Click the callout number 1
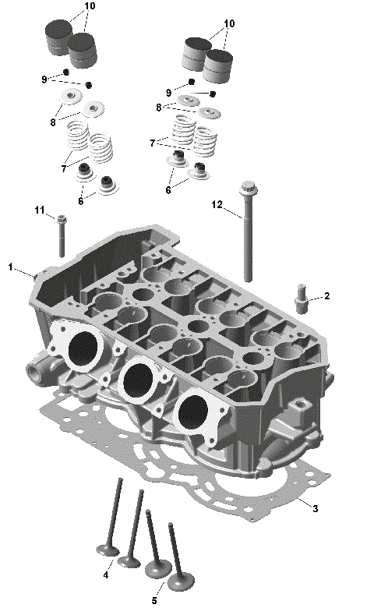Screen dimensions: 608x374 pos(11,267)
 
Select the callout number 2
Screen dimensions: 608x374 pos(327,296)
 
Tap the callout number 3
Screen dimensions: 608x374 pos(315,508)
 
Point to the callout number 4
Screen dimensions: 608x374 pos(106,575)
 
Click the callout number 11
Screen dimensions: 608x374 pos(40,210)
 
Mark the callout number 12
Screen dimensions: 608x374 pos(217,204)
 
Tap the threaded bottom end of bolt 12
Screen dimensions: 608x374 pos(249,276)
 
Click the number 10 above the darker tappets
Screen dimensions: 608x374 pos(90,6)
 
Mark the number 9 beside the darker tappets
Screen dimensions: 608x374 pos(44,80)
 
